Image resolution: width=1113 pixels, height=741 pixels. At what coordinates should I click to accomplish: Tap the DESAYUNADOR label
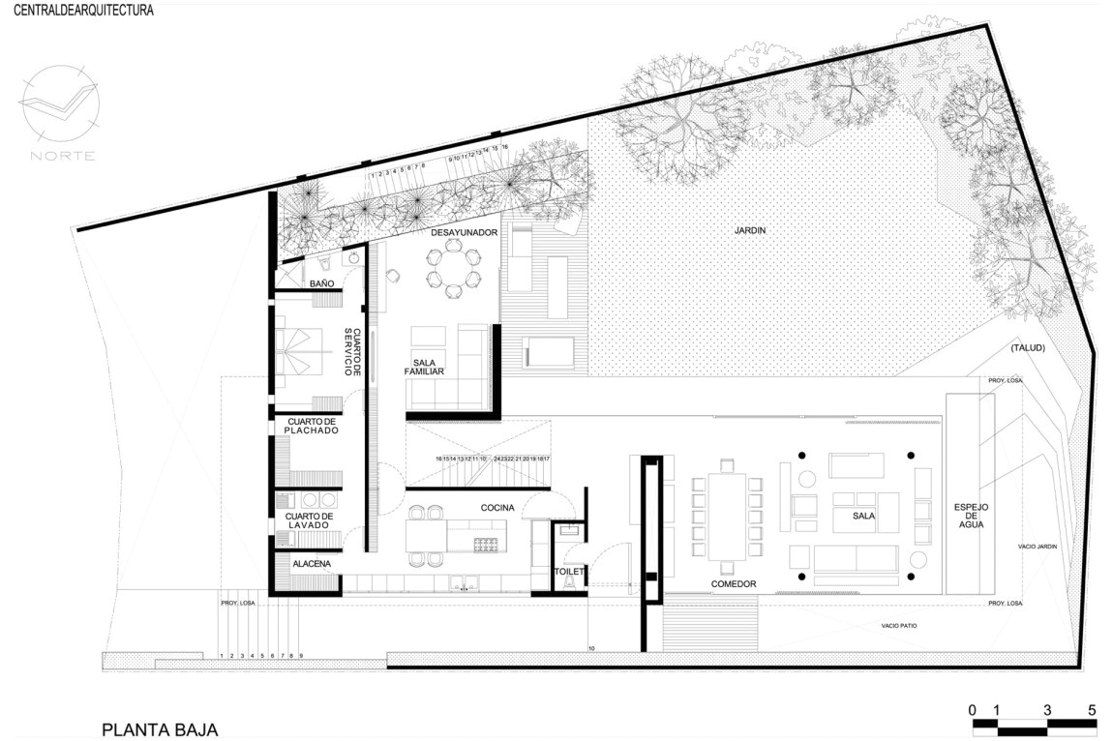(466, 233)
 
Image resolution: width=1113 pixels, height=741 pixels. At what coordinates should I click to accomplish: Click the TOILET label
(569, 572)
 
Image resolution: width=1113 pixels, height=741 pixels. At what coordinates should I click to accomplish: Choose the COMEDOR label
(733, 583)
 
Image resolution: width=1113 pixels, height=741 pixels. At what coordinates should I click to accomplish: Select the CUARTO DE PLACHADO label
(312, 426)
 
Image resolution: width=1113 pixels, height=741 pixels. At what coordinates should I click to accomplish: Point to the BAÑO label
(322, 283)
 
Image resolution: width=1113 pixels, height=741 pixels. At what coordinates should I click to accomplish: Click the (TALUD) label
(1026, 348)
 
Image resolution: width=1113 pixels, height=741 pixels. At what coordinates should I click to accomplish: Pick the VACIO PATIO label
(898, 626)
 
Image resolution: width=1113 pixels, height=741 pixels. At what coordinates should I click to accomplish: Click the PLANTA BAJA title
(160, 728)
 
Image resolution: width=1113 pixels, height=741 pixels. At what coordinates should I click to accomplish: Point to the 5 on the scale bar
(1092, 709)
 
